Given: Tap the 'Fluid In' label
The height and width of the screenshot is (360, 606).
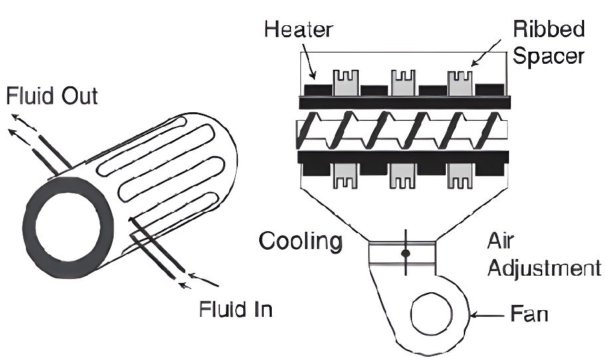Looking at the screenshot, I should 236,310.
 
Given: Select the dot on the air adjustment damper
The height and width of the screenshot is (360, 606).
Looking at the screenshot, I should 405,254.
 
